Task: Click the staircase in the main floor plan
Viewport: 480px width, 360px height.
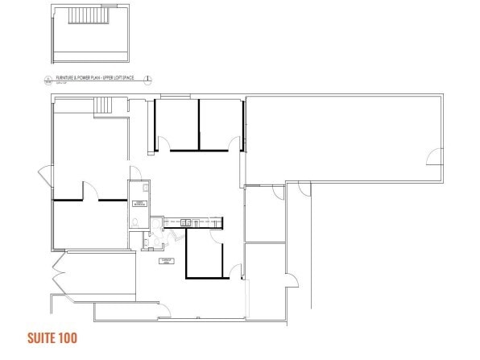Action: point(104,106)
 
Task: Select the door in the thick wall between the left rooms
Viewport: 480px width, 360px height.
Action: point(92,192)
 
